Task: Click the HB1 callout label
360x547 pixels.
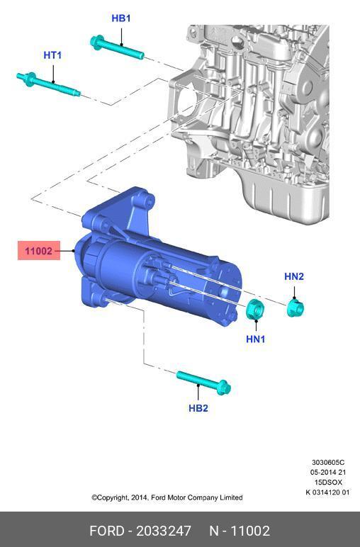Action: pyautogui.click(x=121, y=18)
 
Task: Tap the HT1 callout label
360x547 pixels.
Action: pyautogui.click(x=52, y=55)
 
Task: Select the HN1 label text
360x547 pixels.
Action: pyautogui.click(x=256, y=339)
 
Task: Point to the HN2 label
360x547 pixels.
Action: pyautogui.click(x=294, y=276)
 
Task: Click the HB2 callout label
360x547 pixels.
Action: pyautogui.click(x=198, y=408)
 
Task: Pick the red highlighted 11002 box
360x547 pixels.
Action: pyautogui.click(x=39, y=251)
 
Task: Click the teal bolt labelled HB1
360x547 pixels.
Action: pyautogui.click(x=117, y=47)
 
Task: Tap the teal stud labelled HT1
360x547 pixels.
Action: pyautogui.click(x=48, y=84)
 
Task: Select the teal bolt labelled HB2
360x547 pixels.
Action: pyautogui.click(x=203, y=383)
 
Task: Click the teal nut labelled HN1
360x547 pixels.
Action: pyautogui.click(x=255, y=309)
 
